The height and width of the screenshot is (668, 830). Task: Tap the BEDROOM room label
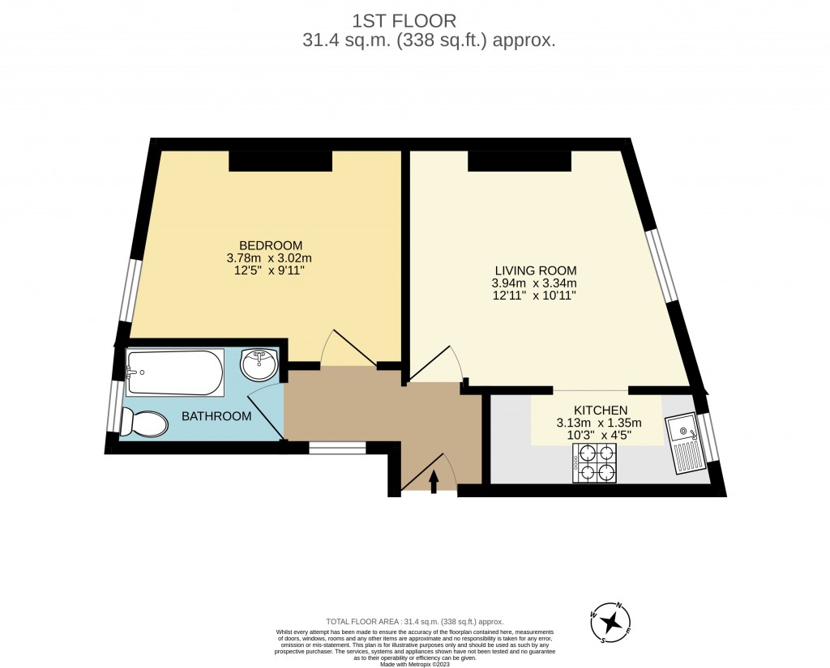270,245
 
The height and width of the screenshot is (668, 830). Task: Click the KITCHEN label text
600,410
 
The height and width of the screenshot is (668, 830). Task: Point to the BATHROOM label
216,416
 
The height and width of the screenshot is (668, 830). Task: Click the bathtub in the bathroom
174,372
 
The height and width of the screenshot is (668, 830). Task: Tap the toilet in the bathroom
143,422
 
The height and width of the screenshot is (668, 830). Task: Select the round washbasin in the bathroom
259,364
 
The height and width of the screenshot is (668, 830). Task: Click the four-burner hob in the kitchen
594,465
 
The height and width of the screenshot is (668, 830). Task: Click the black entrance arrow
433,482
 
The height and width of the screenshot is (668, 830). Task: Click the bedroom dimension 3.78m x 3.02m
269,258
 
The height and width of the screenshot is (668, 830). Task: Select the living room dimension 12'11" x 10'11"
533,296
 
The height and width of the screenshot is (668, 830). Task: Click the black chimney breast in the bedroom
280,161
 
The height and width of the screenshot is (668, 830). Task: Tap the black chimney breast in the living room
519,161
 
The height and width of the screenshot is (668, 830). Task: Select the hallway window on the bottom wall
337,447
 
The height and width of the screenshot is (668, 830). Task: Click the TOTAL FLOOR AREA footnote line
415,619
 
